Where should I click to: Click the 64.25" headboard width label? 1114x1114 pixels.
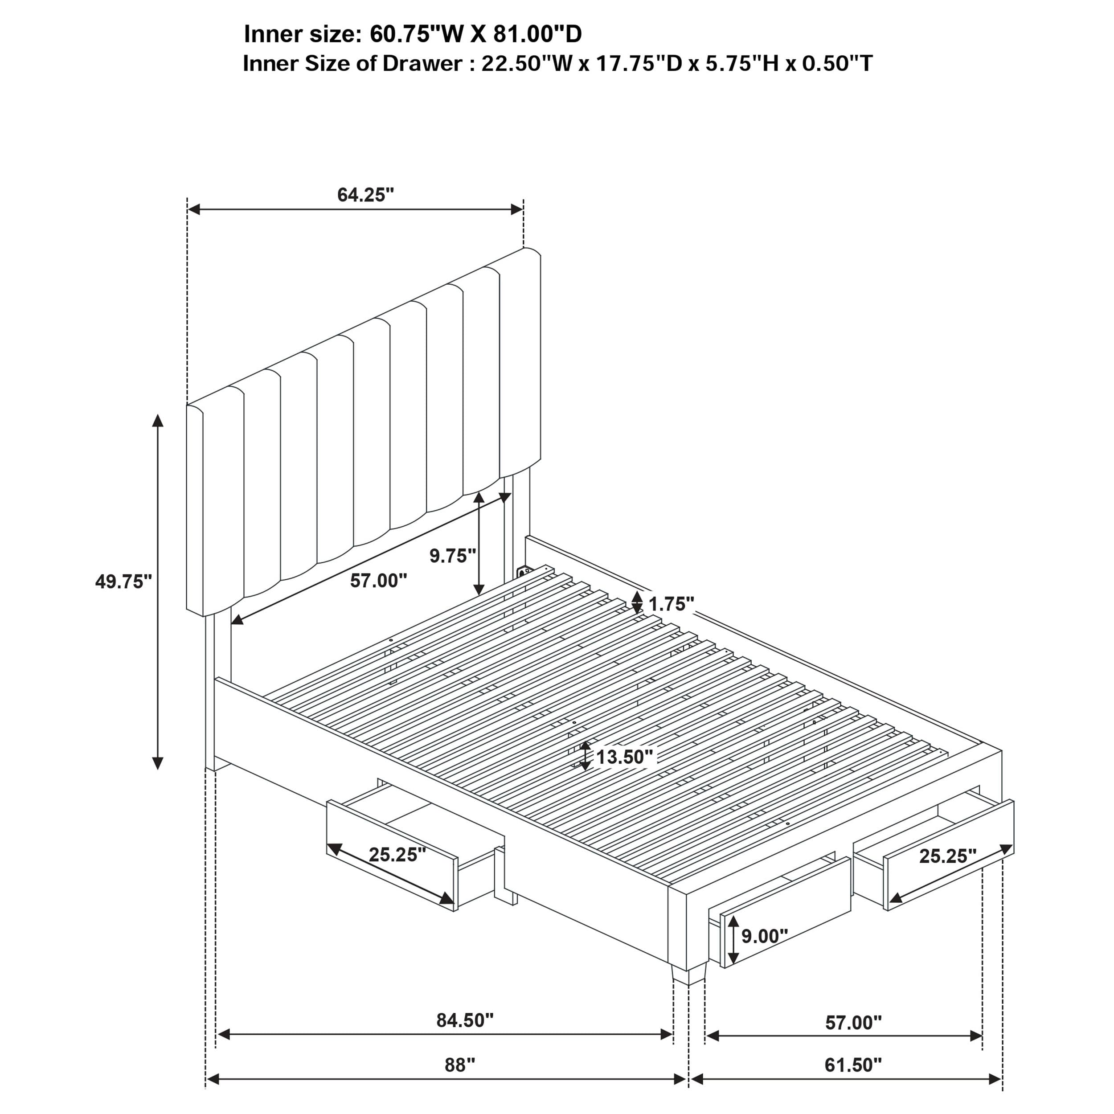365,195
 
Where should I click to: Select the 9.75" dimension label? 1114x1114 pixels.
453,556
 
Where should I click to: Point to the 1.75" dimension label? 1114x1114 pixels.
671,604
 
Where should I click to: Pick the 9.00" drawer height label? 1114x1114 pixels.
765,936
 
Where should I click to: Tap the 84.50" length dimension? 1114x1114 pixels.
465,1020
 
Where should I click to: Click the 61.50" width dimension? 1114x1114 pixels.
853,1065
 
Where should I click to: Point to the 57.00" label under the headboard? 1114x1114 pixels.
378,581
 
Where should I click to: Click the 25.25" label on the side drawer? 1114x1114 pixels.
397,855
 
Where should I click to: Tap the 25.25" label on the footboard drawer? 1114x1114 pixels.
947,856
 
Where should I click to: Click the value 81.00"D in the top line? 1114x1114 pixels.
537,35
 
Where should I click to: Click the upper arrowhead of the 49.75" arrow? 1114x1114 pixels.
157,420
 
